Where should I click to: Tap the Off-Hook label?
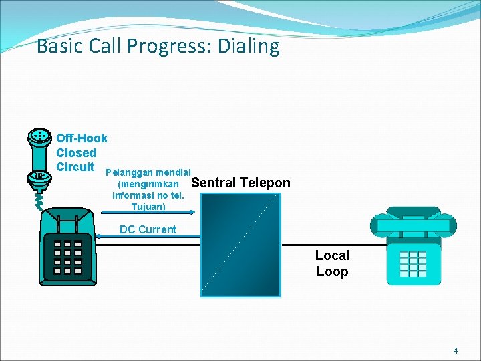(x=82, y=138)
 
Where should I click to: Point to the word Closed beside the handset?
(x=75, y=153)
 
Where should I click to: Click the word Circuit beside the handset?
(x=75, y=167)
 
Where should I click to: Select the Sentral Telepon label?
(x=240, y=183)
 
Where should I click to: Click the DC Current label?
(x=148, y=229)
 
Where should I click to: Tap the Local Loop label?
(x=332, y=263)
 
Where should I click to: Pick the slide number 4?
(x=455, y=350)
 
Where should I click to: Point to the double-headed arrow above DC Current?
(x=148, y=213)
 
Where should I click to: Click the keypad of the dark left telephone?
(x=67, y=257)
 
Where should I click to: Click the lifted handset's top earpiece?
(x=40, y=137)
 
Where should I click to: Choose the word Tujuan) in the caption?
(x=148, y=207)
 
